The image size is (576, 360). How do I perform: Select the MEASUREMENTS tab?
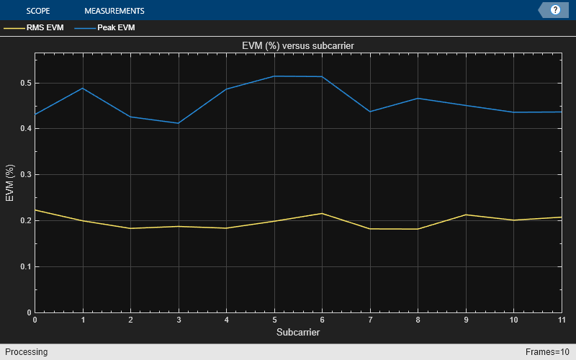(x=114, y=11)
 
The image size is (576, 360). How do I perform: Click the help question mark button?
(x=555, y=10)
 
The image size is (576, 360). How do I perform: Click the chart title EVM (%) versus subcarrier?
(x=297, y=46)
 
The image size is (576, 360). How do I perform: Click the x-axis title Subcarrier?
(x=297, y=333)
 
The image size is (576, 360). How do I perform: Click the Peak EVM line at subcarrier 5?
(x=274, y=76)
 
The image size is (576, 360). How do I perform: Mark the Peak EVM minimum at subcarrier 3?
(x=179, y=123)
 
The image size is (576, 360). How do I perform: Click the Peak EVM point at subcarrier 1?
(x=83, y=88)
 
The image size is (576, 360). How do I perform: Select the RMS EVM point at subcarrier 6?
(x=322, y=213)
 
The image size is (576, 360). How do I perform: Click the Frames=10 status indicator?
(x=547, y=352)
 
